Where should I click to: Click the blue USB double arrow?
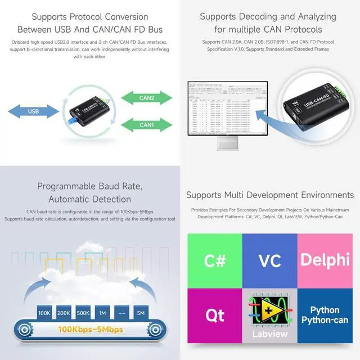click(33, 111)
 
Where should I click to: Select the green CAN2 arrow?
click(147, 97)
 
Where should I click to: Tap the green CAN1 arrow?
click(147, 124)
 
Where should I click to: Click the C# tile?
click(214, 260)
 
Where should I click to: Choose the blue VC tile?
click(269, 260)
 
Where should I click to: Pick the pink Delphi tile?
click(325, 260)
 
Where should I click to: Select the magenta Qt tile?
click(214, 316)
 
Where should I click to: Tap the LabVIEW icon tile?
click(269, 316)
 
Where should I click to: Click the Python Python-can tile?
click(325, 316)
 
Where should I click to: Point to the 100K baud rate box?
click(44, 312)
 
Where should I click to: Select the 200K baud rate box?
click(64, 312)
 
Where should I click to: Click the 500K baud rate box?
click(83, 312)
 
